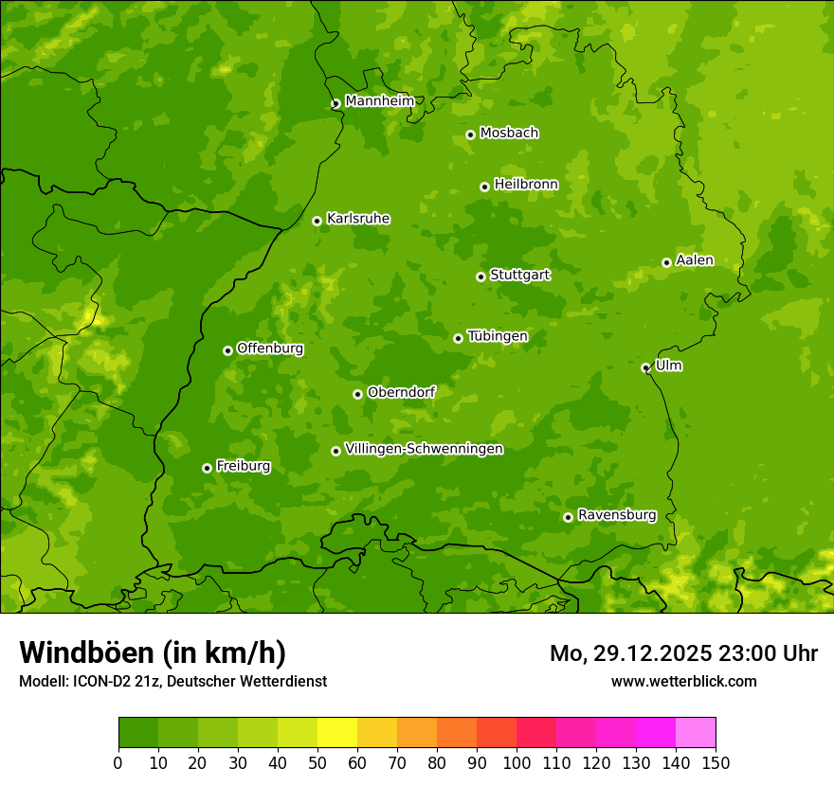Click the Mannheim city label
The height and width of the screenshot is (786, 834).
[379, 101]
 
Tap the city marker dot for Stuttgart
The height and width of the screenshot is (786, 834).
[480, 277]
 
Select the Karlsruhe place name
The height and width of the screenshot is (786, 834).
[357, 219]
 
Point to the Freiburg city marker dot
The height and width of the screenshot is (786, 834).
[207, 468]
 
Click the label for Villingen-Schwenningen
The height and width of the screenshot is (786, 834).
[424, 449]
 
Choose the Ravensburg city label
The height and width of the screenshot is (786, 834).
[616, 515]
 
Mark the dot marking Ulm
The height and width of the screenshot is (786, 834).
[645, 367]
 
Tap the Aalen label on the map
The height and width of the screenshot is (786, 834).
[694, 260]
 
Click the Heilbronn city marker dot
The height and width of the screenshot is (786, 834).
[484, 187]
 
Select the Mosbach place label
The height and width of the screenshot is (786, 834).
[508, 134]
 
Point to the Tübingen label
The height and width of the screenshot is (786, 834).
[497, 336]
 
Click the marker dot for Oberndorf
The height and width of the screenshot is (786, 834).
[357, 394]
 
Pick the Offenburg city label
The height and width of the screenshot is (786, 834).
[269, 348]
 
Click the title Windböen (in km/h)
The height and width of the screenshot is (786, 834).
[153, 652]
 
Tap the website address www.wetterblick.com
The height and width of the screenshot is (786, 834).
[683, 681]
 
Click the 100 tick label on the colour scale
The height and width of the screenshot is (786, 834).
[517, 763]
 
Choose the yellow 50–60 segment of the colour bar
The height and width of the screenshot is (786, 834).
[337, 733]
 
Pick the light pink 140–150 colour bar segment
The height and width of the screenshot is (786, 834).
[696, 733]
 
